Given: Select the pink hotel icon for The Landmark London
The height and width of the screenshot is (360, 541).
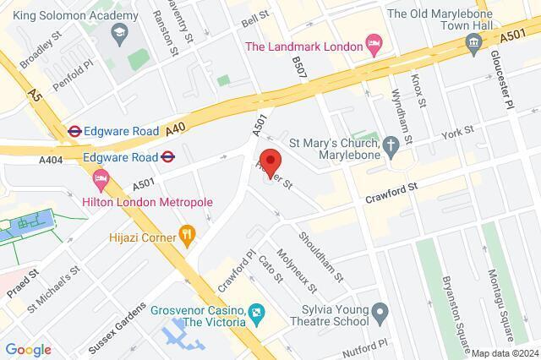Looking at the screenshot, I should (374, 42).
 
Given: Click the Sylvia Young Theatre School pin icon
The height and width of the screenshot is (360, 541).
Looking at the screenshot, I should (380, 314).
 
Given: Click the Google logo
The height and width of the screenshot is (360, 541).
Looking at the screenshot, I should (28, 349).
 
